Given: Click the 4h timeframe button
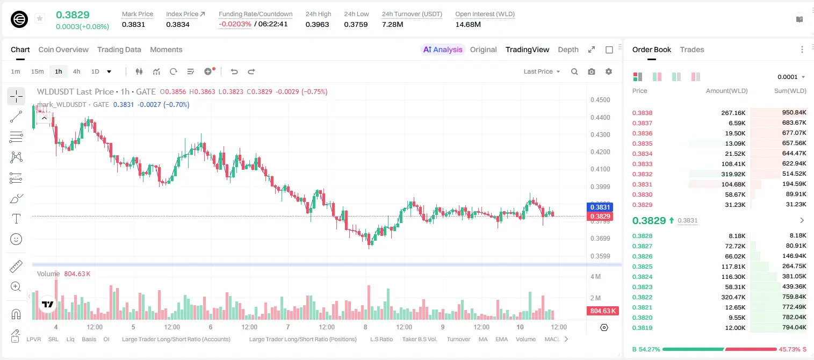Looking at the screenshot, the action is coord(76,71).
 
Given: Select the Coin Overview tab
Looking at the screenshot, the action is coord(63,49).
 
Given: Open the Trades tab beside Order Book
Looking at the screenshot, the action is coord(691,49).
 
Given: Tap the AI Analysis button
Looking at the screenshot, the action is coord(443,49).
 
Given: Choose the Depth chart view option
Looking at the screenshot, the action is coord(568,49).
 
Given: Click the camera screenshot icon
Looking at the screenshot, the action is coord(591,71).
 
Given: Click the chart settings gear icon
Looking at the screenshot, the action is coord(609,71).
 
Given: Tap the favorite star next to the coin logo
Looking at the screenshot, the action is coord(40,18).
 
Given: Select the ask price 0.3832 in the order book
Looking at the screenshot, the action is coord(642,174).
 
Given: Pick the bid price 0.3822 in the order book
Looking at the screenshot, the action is coord(642,297).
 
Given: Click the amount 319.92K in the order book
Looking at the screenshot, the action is coord(733,174).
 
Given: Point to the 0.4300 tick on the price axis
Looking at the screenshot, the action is coord(600,134).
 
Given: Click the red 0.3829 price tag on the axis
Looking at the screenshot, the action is coord(600,217).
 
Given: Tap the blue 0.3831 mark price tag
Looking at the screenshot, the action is coord(600,207).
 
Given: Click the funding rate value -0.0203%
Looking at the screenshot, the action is coord(235,24).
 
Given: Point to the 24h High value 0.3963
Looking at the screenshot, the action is coord(317,24).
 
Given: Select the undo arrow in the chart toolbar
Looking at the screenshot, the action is coord(234,71).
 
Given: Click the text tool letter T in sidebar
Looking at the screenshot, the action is coord(16,219).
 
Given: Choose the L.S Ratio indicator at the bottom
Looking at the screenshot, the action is coord(381,339).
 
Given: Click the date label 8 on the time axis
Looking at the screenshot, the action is coord(365,327).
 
